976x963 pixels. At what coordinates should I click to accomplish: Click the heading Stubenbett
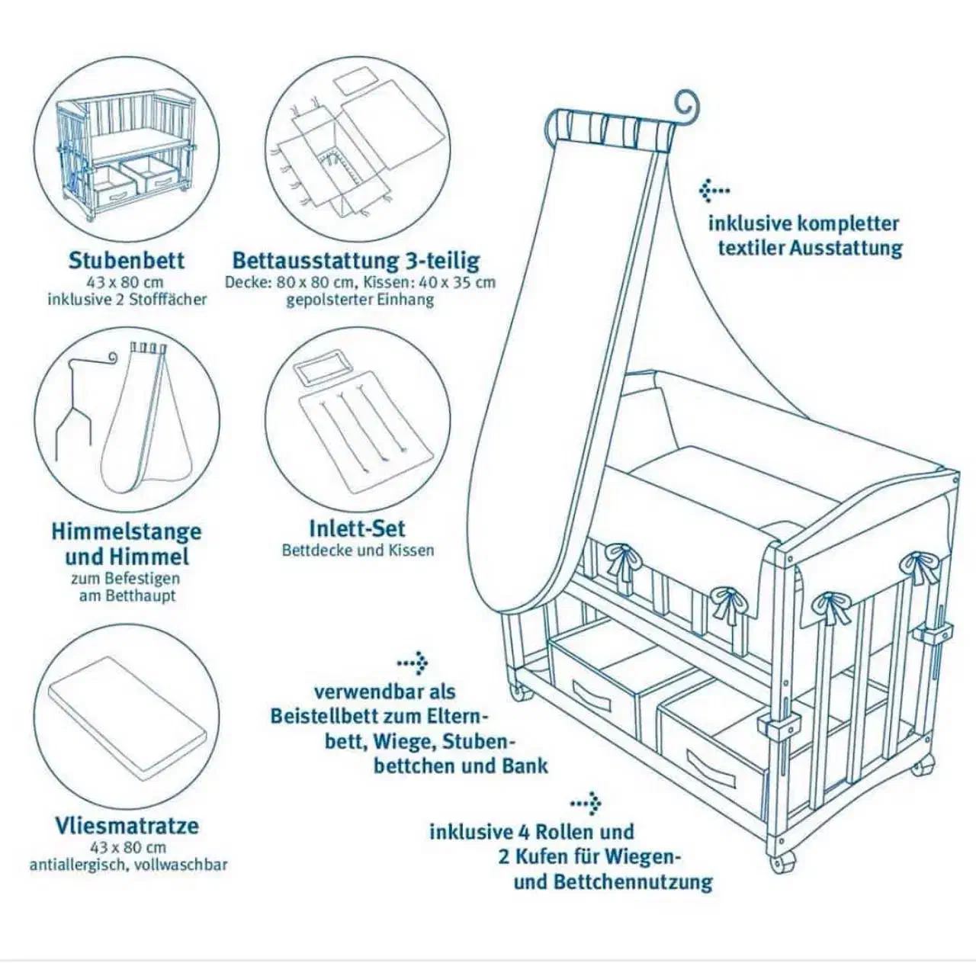coord(127,260)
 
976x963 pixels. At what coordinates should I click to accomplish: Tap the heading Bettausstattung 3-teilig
coord(356,261)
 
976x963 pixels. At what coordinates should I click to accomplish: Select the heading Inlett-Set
coord(357,528)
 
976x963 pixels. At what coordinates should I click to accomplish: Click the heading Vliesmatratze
coord(127,825)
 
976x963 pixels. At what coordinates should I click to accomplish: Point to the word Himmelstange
coord(127,531)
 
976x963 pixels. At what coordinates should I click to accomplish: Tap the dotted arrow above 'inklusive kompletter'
coord(714,190)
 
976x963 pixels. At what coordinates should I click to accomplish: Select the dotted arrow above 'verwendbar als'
coord(413,664)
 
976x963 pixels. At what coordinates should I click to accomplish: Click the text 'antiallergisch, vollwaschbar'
coord(128,865)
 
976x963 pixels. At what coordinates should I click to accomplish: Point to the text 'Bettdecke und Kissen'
coord(358,551)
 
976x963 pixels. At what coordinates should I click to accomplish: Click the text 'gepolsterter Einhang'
coord(360,299)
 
